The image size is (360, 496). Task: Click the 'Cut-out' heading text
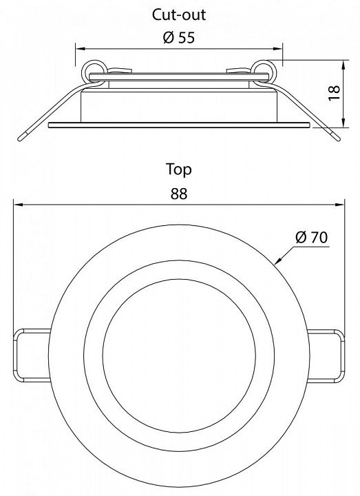pyautogui.click(x=179, y=15)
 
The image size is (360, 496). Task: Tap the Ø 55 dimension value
pyautogui.click(x=179, y=38)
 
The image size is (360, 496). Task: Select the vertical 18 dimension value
pyautogui.click(x=334, y=93)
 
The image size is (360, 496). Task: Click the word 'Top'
pyautogui.click(x=179, y=169)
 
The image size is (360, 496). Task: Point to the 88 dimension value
pyautogui.click(x=179, y=194)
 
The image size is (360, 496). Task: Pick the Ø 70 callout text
pyautogui.click(x=312, y=237)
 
